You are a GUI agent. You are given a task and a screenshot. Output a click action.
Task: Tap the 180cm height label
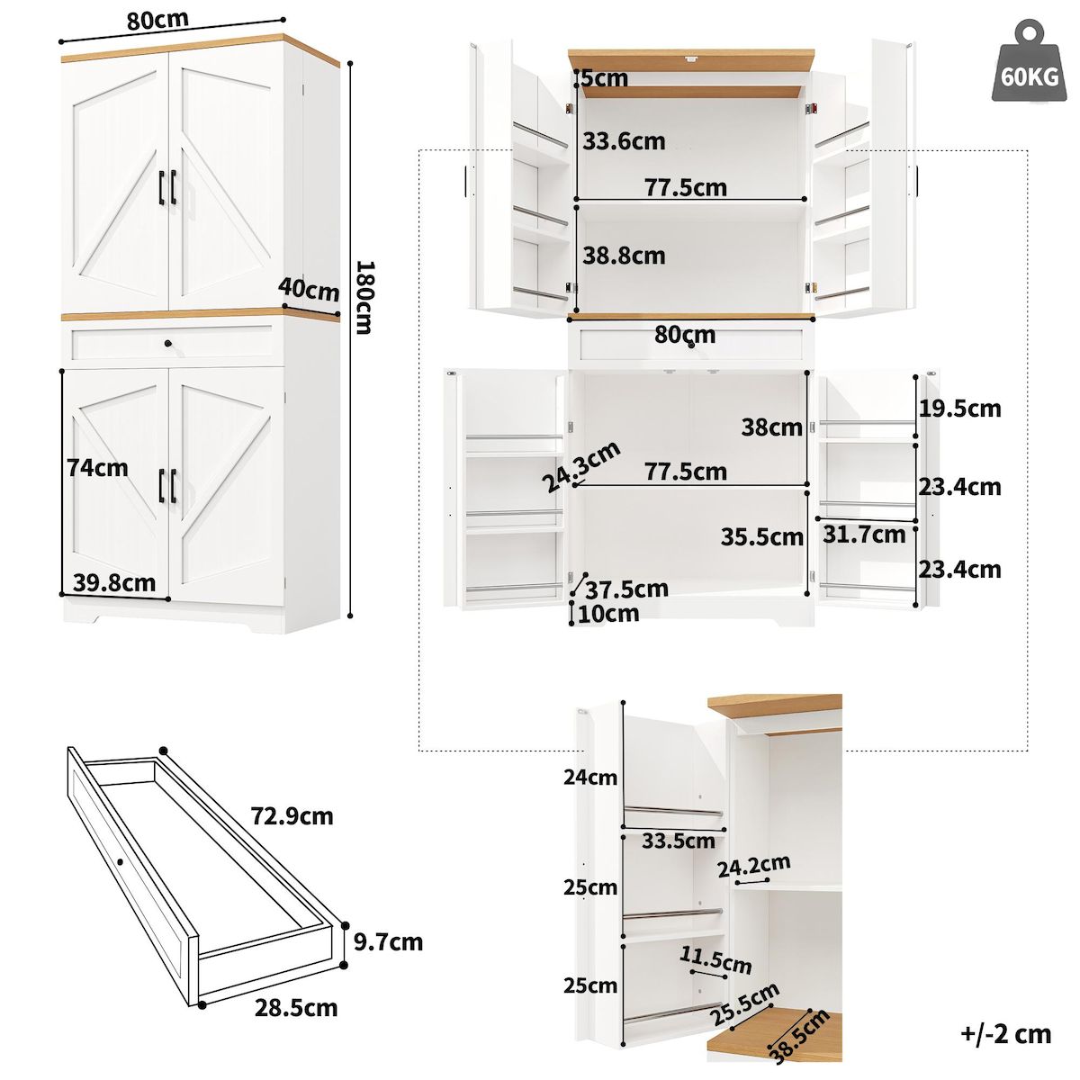[363, 297]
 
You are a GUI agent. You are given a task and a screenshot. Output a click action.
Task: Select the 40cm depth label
[309, 290]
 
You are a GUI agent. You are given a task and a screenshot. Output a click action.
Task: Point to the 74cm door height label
[97, 468]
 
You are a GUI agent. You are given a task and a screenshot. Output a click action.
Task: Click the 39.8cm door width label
[113, 582]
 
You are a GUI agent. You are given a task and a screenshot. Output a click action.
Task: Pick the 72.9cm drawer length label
[292, 816]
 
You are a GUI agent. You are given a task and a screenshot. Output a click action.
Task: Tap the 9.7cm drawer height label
[387, 942]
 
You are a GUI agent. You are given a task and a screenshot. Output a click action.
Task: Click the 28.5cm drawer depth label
[296, 1007]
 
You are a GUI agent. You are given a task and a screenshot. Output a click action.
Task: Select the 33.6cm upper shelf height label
[624, 141]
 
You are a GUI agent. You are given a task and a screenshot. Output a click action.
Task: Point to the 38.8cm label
[624, 256]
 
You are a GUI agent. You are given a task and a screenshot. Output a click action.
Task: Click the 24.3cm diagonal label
[580, 467]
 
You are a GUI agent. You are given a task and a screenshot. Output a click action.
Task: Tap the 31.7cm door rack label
[864, 535]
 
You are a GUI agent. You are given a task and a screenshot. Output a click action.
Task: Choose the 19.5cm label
[959, 409]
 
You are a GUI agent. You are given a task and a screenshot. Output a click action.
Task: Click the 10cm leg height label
[608, 614]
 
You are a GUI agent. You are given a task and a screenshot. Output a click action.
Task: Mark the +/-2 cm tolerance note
[1006, 1034]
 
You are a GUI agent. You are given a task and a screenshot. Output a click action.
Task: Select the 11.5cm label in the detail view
[716, 959]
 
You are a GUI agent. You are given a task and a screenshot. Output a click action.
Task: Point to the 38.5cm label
[799, 1037]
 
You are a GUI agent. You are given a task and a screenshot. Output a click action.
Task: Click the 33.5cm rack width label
[678, 841]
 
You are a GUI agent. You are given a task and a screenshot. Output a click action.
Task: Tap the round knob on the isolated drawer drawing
[120, 862]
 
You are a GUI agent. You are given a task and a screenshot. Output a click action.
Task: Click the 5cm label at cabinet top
[604, 79]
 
